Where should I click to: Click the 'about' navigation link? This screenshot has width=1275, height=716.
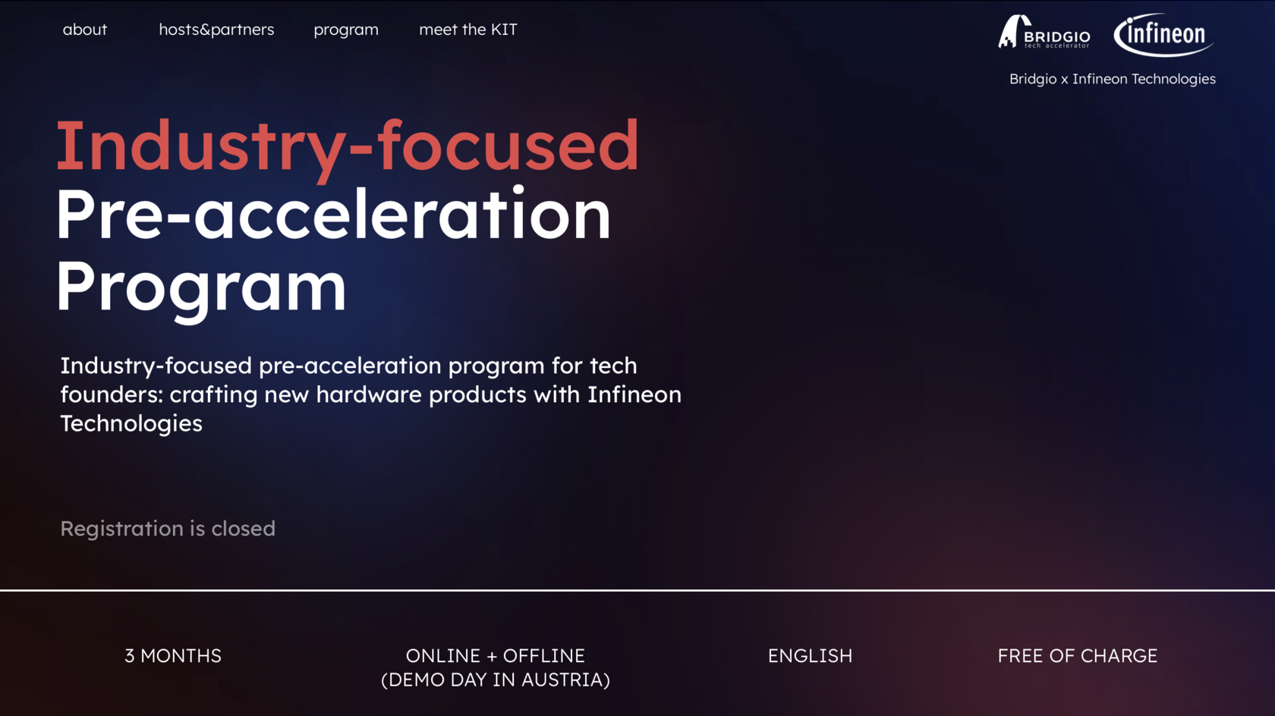tap(85, 30)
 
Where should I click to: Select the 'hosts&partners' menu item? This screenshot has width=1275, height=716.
tap(216, 30)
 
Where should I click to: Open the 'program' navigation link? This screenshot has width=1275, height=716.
tap(346, 30)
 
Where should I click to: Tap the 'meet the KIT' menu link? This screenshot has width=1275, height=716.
tap(467, 30)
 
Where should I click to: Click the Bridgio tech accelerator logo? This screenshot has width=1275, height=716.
tap(1044, 33)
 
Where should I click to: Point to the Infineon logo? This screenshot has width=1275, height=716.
tap(1163, 35)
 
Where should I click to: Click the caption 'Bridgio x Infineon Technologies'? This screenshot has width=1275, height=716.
tap(1113, 79)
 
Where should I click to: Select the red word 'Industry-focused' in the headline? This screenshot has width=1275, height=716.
tap(348, 146)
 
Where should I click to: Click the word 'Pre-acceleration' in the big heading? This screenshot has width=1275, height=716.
tap(333, 215)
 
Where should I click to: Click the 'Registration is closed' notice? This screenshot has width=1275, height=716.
tap(168, 529)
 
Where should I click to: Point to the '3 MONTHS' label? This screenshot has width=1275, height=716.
tap(173, 656)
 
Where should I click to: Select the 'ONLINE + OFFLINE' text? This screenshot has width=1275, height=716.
tap(495, 656)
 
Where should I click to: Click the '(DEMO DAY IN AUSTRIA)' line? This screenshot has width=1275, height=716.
tap(495, 680)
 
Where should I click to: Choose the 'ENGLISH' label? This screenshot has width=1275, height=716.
tap(810, 656)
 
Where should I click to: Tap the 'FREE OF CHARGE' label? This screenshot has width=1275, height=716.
tap(1078, 656)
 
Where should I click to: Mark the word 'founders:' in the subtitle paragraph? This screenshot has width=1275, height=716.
tap(112, 394)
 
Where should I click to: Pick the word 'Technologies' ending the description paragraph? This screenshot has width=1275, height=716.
tap(131, 424)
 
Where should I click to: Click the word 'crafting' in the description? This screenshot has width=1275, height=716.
tap(213, 395)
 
